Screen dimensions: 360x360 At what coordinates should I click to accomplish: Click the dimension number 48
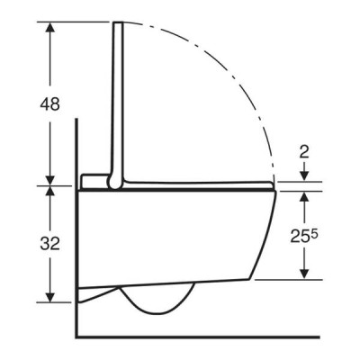point(50,104)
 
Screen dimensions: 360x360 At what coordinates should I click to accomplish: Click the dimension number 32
point(50,243)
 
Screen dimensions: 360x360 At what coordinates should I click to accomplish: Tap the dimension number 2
point(304,153)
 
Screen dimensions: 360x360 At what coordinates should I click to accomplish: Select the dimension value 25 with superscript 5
point(304,236)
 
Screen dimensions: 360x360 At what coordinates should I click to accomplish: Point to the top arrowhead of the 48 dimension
point(50,27)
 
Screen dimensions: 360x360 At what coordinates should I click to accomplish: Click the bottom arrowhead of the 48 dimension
point(50,181)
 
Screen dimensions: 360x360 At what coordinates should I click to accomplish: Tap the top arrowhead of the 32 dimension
point(50,192)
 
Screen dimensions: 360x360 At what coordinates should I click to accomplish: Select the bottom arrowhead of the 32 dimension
point(50,297)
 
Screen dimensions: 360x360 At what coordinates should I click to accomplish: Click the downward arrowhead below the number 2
point(305,176)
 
